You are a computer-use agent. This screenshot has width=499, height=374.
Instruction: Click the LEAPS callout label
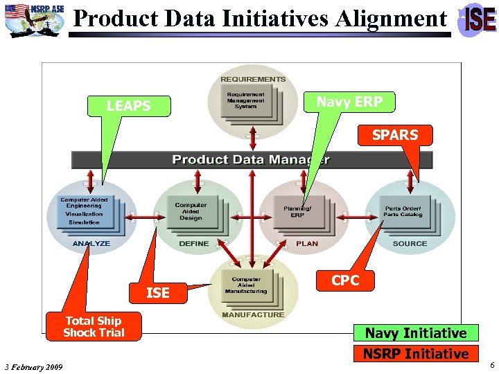point(128,106)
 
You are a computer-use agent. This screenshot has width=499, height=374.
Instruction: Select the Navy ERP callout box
point(349,102)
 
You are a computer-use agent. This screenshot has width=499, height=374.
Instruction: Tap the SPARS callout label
point(395,135)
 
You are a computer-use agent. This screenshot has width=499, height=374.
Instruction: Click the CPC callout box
point(345,280)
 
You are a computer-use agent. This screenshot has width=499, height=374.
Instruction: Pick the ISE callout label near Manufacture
point(158,293)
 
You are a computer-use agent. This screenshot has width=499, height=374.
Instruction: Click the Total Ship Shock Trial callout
point(94,326)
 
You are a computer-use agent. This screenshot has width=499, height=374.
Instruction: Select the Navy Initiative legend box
point(416,333)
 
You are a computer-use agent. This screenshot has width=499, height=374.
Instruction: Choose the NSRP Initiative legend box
point(416,354)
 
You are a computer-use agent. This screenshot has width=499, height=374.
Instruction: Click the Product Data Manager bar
point(252,160)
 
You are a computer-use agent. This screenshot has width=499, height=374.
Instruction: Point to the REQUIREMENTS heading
point(253,80)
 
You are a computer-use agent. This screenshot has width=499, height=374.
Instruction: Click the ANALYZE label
point(91,244)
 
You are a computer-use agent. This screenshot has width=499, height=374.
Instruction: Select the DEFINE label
point(194,244)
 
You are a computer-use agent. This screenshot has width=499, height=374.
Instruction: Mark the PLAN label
point(307,244)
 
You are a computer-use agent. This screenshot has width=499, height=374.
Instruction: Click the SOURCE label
point(410,244)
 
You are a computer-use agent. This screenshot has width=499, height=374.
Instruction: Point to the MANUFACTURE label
point(253,314)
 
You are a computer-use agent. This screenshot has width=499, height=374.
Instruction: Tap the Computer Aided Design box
point(191,211)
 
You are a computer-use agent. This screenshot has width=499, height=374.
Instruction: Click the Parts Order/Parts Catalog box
point(403,211)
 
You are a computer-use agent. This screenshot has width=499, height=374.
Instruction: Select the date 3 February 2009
point(33,366)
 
